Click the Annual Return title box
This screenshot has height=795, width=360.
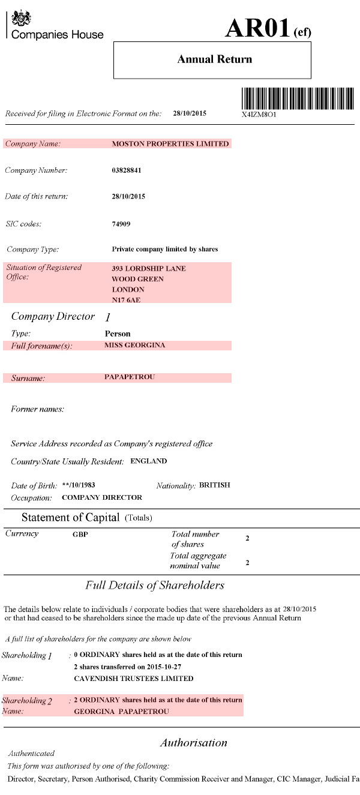point(212,60)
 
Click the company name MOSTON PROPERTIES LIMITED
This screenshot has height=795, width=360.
point(170,144)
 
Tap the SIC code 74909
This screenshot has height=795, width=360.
point(121,224)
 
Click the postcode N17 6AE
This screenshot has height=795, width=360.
point(126,300)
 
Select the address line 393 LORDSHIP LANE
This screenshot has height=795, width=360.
point(149,268)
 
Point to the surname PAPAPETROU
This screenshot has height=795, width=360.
point(130,377)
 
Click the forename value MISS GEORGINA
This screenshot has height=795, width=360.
point(134,345)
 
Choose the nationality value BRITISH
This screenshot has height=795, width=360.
point(214,485)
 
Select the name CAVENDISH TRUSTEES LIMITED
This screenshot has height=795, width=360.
point(133,679)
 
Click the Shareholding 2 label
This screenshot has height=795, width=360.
point(28,700)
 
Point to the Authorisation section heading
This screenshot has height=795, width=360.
point(193,743)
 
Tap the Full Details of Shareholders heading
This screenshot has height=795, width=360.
point(155,585)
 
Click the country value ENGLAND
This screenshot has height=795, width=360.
point(148,461)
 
